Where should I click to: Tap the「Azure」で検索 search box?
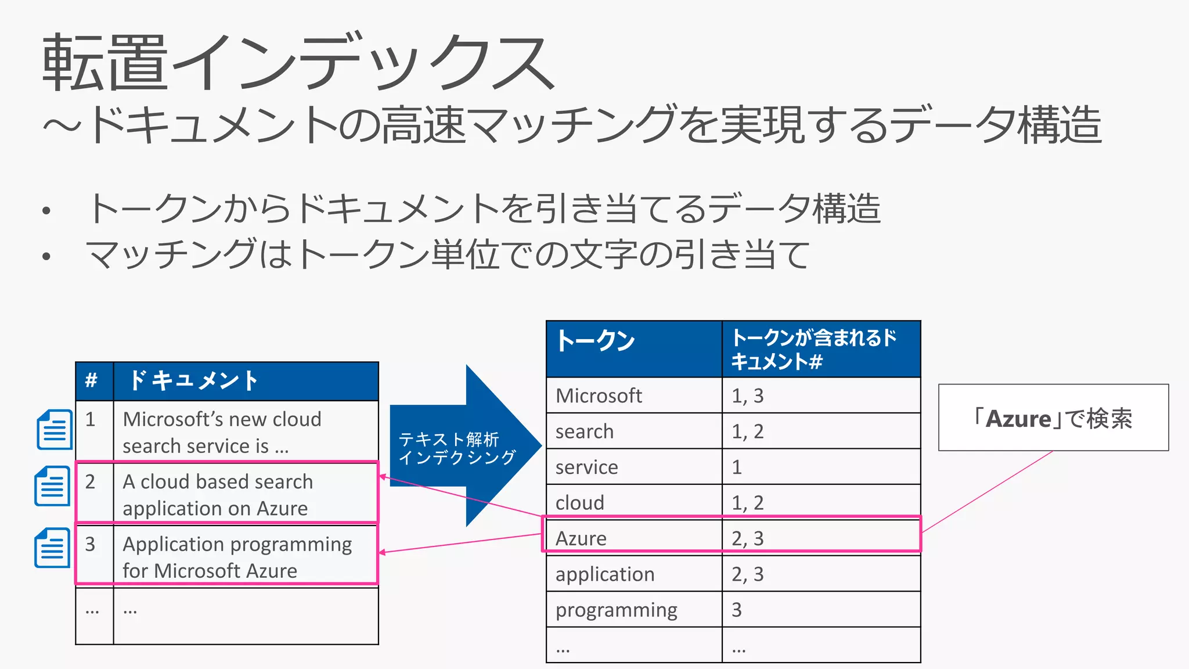point(1053,418)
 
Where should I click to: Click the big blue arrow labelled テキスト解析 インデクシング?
point(464,446)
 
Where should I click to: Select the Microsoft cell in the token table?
point(634,395)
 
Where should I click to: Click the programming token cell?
point(634,610)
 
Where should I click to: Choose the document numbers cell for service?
point(821,467)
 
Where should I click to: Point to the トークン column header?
point(634,348)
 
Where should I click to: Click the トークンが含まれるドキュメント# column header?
point(821,348)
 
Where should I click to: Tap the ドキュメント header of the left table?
point(246,381)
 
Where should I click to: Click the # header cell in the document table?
point(94,381)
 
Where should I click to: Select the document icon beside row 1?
point(54,430)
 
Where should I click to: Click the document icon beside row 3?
point(52,548)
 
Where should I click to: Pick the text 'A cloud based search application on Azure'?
point(218,495)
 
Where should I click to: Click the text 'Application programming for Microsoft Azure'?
point(237,557)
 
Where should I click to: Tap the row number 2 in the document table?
point(91,481)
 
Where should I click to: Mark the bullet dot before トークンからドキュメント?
point(46,211)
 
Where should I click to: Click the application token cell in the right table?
point(634,574)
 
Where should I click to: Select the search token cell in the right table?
point(634,431)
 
